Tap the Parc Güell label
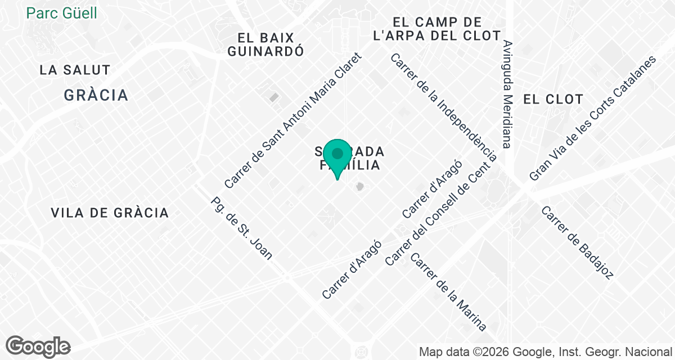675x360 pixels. [x=62, y=12]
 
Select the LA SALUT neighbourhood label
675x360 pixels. [x=75, y=70]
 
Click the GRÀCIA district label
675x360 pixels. [x=96, y=95]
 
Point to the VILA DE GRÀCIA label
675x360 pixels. [x=110, y=213]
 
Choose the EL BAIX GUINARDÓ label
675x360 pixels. [x=271, y=44]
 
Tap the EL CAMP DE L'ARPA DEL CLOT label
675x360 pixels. [x=437, y=29]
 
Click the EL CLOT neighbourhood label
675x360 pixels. [x=553, y=100]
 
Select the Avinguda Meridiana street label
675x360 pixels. [x=507, y=94]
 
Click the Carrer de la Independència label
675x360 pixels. [x=443, y=107]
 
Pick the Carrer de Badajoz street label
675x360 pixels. [x=577, y=242]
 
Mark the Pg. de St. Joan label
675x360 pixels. [x=241, y=228]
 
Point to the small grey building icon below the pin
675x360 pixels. [x=359, y=186]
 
